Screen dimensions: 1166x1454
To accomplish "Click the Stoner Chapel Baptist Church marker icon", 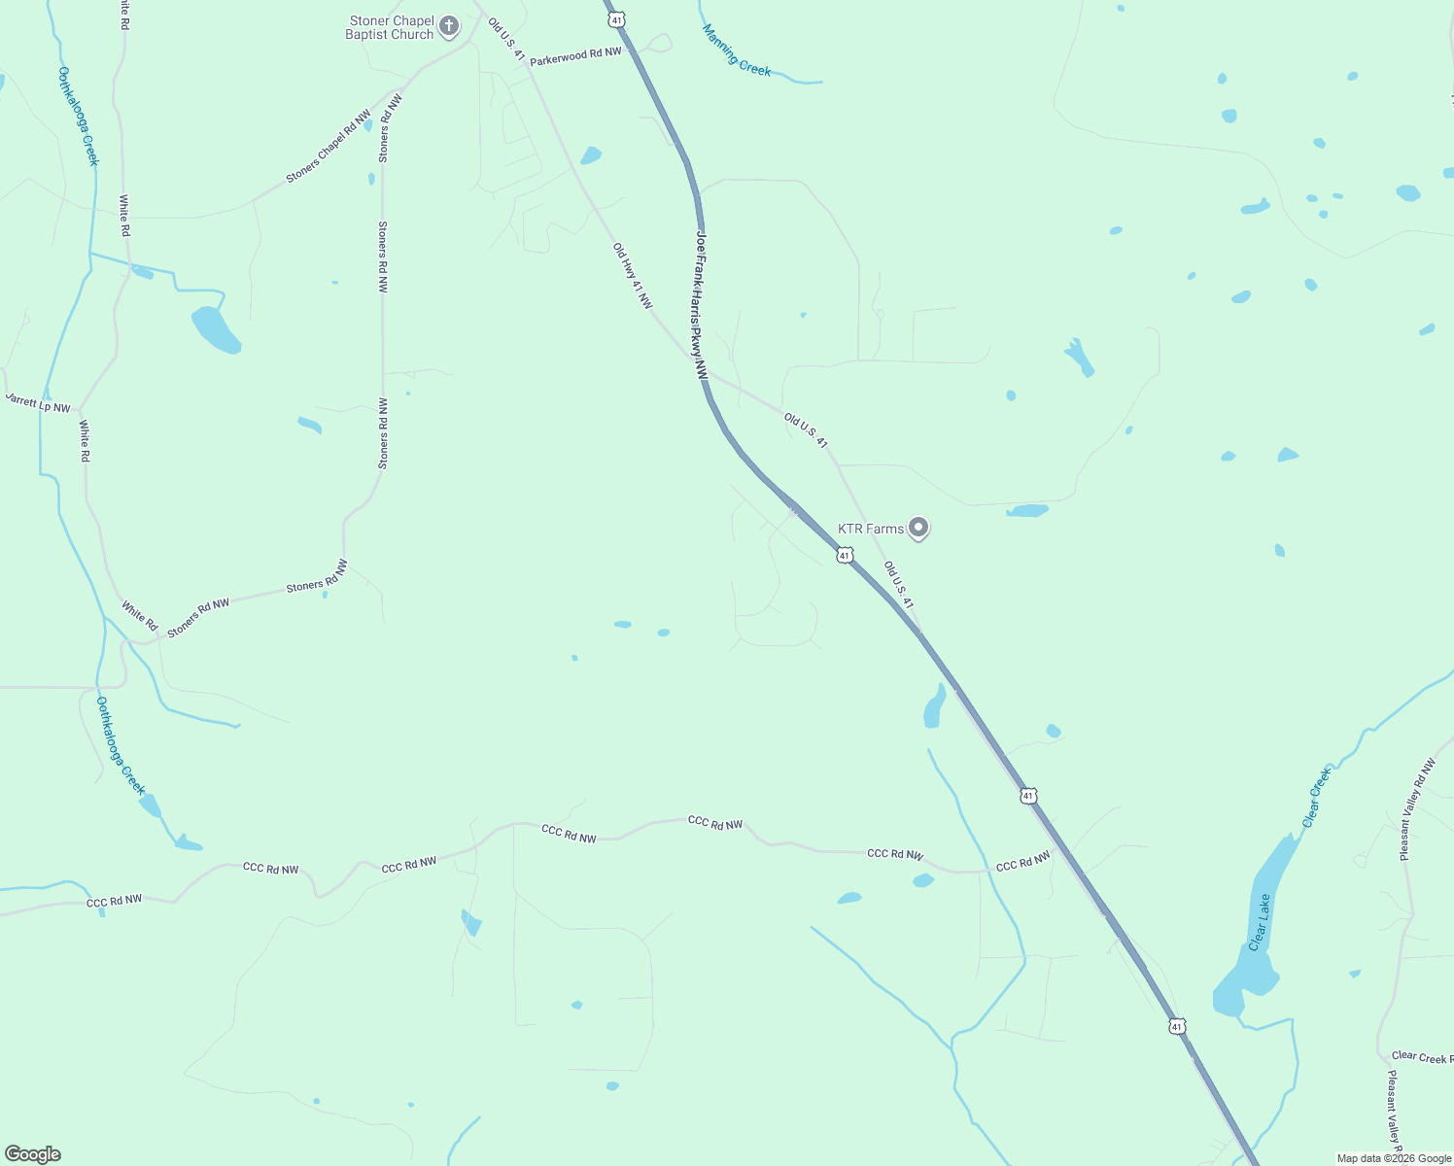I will pos(448,26).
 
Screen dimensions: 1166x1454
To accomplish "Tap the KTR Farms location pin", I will pos(917,528).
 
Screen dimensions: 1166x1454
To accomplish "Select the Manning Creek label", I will pos(736,50).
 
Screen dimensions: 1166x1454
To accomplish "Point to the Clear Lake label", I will pos(1259,922).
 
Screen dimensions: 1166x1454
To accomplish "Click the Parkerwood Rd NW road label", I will pos(575,55).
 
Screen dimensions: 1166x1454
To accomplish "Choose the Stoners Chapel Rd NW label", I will pos(329,147).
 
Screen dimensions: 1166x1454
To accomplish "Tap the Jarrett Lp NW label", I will pos(38,403).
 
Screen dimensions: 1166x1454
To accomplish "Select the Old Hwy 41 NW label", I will pos(632,276).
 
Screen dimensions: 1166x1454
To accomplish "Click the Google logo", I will pos(33,1154).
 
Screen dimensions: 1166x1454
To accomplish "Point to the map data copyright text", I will pos(1394,1158).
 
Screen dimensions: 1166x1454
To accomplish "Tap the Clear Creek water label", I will pos(1316,798).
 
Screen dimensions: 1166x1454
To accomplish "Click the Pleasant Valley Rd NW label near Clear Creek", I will pos(1417,809).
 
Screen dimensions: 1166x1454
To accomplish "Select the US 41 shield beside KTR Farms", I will pos(845,555).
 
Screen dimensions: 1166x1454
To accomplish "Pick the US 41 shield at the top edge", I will pos(615,18).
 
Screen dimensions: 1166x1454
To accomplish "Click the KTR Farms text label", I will pos(871,529).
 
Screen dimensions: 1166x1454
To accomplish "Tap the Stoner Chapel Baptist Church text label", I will pos(390,27).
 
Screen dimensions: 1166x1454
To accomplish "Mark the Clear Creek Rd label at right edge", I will pos(1422,1056).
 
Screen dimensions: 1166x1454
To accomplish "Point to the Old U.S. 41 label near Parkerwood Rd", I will pos(505,39).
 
